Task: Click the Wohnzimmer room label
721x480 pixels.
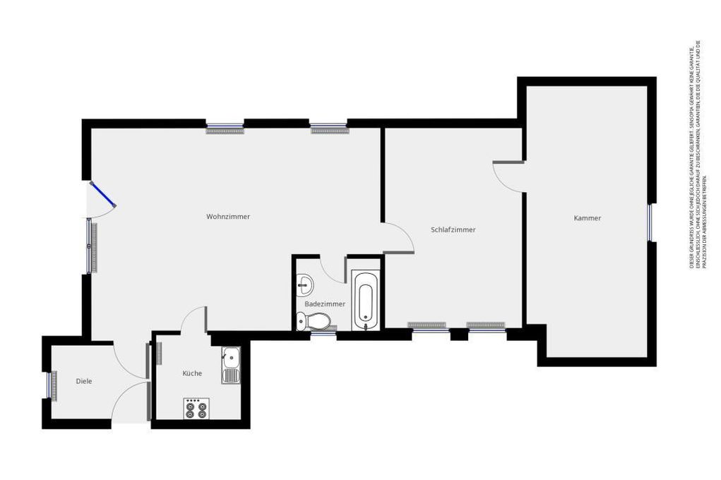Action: click(x=228, y=217)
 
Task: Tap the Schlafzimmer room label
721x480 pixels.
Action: click(x=453, y=230)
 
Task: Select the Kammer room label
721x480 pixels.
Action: click(x=588, y=218)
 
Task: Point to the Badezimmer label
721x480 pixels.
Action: click(x=325, y=304)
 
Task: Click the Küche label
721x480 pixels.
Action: click(x=192, y=373)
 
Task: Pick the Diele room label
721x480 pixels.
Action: click(x=84, y=381)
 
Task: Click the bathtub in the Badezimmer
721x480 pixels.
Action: click(x=364, y=301)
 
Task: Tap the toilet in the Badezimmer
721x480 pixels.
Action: click(x=314, y=322)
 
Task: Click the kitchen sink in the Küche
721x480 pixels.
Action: click(x=231, y=366)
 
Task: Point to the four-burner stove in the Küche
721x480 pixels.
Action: click(x=196, y=408)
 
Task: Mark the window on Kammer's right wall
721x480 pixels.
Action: click(x=650, y=222)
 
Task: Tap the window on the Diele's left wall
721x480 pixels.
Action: click(x=51, y=385)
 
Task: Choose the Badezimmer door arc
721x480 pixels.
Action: click(x=332, y=268)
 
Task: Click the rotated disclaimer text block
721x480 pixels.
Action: click(x=695, y=155)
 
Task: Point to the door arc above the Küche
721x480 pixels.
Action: click(x=193, y=319)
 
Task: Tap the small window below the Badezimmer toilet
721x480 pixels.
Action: click(x=323, y=334)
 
